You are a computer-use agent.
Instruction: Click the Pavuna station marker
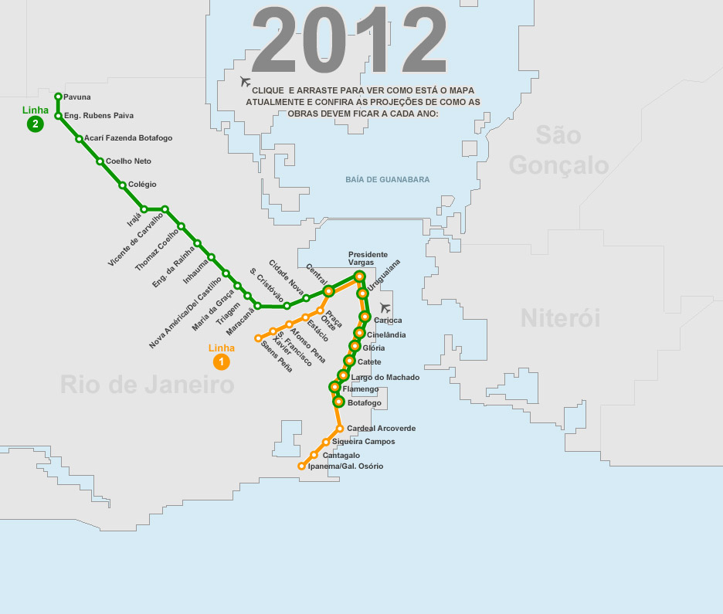[x=59, y=97]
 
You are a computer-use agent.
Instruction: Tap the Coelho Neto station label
[x=128, y=161]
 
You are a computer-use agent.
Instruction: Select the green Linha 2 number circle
[x=35, y=124]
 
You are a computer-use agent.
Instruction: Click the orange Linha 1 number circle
[x=222, y=361]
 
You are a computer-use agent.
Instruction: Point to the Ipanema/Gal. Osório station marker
[x=301, y=466]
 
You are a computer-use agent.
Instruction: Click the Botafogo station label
[x=365, y=403]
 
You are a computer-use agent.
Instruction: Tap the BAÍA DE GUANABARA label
[x=387, y=180]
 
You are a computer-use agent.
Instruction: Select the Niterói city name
[x=560, y=317]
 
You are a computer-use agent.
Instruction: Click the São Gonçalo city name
[x=558, y=151]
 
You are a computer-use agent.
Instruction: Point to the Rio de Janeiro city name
[x=147, y=384]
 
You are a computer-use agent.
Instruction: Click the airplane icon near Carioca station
[x=386, y=307]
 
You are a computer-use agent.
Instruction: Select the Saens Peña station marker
[x=258, y=338]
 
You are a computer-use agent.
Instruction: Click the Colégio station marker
[x=122, y=185]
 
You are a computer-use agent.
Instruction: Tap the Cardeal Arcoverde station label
[x=382, y=429]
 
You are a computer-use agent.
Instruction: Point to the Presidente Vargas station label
[x=368, y=258]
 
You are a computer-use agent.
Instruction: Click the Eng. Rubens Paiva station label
[x=99, y=116]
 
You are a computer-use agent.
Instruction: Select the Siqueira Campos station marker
[x=326, y=442]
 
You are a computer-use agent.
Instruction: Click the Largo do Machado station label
[x=385, y=377]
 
